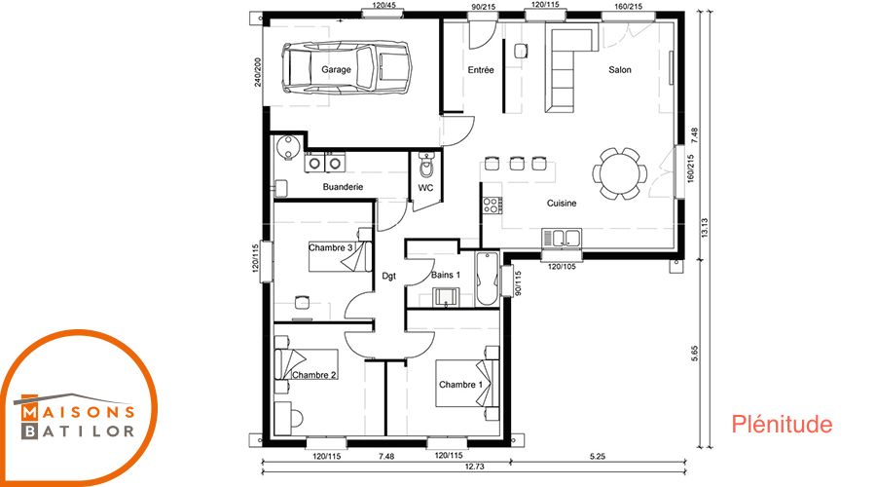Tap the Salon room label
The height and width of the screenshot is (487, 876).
620,70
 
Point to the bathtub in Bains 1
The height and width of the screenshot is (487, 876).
488,279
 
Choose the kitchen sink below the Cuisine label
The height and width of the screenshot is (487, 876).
562,237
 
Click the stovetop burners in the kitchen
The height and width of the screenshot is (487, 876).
492,206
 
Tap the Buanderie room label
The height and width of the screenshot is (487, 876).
343,187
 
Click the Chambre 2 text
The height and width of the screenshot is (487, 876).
314,375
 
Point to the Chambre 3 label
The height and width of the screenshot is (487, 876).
331,247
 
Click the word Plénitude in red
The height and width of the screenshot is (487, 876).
782,424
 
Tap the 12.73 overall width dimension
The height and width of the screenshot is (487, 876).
474,467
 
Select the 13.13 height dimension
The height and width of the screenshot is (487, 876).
705,228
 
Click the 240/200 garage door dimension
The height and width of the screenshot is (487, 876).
258,72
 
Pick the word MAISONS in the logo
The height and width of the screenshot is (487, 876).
78,413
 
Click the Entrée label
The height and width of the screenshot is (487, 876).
481,70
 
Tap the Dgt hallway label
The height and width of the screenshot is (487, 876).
388,276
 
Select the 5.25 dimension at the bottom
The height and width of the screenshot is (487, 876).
598,456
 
